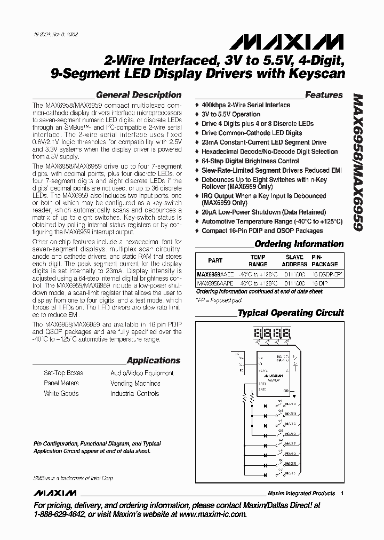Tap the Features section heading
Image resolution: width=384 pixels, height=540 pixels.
click(324, 95)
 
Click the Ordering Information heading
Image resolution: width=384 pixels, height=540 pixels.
click(299, 244)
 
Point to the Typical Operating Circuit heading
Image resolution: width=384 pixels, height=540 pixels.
click(291, 313)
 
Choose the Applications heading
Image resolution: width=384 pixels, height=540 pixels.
click(154, 360)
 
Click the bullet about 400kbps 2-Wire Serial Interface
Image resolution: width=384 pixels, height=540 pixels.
click(246, 105)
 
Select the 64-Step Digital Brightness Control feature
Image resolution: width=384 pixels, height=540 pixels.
click(250, 161)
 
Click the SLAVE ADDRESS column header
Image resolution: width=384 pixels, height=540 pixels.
click(295, 260)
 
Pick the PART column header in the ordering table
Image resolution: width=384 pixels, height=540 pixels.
click(215, 260)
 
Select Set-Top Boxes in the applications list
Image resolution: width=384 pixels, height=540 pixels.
click(63, 374)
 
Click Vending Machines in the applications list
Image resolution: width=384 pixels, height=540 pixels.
click(135, 384)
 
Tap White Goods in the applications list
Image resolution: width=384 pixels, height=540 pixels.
click(61, 394)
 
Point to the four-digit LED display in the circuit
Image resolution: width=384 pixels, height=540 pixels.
click(273, 335)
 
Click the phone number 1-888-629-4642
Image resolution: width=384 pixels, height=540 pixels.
click(59, 514)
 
